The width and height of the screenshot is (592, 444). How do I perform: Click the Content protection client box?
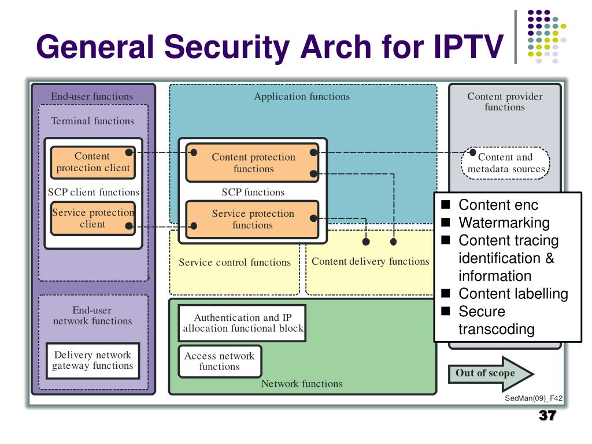coord(93,162)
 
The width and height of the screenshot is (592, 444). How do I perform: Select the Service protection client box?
coord(93,218)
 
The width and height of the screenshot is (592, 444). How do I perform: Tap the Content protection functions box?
coord(253,162)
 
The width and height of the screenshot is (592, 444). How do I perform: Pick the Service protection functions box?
coord(253,219)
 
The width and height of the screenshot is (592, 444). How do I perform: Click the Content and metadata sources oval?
coord(505,162)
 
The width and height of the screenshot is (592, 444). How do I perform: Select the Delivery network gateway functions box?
coord(93,361)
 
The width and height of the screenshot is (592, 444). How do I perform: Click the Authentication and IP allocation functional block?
coord(242,323)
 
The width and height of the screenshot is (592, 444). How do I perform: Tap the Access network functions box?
coord(220,361)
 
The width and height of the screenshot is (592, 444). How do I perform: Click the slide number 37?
coord(547,415)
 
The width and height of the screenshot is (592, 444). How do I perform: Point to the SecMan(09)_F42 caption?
coord(534,398)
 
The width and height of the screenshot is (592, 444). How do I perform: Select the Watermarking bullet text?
coord(504,223)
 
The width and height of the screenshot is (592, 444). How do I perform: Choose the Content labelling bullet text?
coord(513,293)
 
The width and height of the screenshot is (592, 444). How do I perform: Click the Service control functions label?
coord(235,262)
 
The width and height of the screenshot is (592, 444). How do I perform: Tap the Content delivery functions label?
coord(371,261)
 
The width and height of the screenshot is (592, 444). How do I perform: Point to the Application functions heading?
coord(302,97)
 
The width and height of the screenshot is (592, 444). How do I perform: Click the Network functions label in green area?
coord(302,384)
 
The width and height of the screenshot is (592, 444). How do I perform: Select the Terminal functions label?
coord(92,121)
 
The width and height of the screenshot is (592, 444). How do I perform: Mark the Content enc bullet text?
coord(498,205)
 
